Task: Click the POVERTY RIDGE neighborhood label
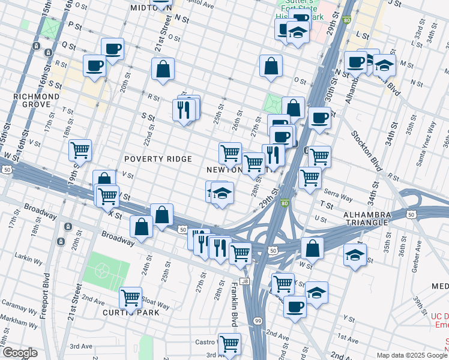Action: (158, 159)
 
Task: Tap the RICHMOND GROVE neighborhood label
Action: (37, 100)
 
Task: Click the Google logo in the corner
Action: (20, 353)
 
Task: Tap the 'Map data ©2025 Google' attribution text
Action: (412, 355)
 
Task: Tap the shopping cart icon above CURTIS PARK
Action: (130, 296)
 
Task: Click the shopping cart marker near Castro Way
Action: (229, 343)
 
